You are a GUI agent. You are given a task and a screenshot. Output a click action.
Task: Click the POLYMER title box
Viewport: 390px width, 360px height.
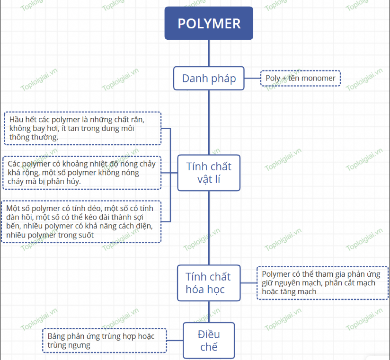point(209,23)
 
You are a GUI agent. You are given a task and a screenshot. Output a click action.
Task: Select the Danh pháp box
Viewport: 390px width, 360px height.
point(209,79)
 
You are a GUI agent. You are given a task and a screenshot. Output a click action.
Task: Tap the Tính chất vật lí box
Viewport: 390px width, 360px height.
point(209,173)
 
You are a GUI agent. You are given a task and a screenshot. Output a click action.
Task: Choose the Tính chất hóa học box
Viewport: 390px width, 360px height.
point(209,283)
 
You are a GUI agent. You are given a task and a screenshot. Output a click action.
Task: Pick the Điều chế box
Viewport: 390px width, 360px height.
point(209,341)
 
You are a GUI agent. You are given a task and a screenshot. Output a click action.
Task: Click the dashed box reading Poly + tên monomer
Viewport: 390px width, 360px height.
point(301,79)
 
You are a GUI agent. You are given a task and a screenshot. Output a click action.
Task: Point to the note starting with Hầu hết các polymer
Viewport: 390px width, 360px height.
point(82,128)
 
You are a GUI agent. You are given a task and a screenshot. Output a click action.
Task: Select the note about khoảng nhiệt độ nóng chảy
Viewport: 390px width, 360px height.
point(82,173)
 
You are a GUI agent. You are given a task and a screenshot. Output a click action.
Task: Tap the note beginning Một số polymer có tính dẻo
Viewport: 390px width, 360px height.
point(81,221)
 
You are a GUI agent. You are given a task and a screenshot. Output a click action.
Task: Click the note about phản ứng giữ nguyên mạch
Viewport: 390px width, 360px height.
point(322,283)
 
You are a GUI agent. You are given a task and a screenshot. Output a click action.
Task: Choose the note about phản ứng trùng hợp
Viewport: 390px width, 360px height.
point(105,340)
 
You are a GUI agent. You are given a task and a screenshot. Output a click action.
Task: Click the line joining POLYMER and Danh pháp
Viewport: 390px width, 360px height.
point(209,53)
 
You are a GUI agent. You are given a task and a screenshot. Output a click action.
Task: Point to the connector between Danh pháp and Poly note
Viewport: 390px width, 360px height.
point(252,79)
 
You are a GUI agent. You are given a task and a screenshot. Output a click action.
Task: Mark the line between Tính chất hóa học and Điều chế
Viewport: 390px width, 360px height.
point(209,312)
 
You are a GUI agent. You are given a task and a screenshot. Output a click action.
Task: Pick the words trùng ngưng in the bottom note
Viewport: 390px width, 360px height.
point(69,345)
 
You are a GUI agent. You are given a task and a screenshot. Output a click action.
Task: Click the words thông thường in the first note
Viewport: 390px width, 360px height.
point(34,137)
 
